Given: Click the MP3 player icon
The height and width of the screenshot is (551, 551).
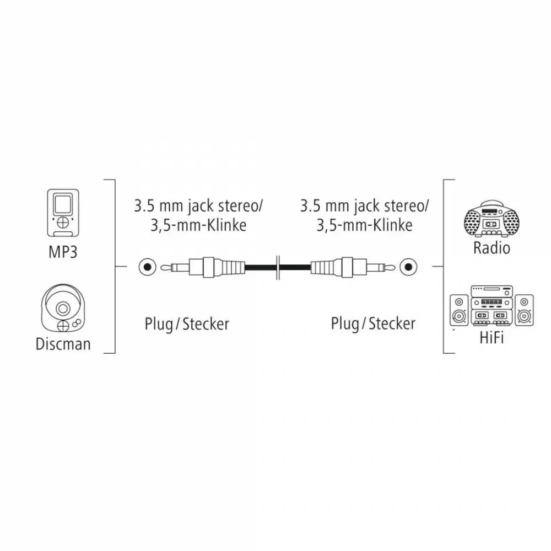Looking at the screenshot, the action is tap(63, 213).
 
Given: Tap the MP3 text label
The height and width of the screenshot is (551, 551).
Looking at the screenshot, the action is tap(63, 252).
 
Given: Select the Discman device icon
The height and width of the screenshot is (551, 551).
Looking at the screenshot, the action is tap(63, 308).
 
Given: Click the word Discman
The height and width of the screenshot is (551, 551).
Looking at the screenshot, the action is tap(63, 344).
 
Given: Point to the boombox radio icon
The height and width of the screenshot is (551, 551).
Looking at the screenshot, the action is tap(491, 218).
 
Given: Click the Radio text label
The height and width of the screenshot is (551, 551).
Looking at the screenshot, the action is tap(491, 248).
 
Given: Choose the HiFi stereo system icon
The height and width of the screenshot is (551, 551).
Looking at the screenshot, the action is tap(491, 305).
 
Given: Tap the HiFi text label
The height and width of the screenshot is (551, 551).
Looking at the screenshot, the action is tap(491, 338).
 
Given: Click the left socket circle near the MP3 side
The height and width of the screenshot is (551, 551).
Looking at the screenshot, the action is tap(147, 267).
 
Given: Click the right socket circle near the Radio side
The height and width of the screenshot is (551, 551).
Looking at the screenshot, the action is tap(408, 267).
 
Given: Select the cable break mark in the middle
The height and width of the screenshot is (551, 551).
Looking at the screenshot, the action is tap(278, 267).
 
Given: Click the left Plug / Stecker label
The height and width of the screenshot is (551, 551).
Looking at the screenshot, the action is tap(187, 324).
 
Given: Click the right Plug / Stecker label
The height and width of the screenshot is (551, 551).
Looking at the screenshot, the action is tap(373, 324).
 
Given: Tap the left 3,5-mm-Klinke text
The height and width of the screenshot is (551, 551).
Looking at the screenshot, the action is tap(198, 225).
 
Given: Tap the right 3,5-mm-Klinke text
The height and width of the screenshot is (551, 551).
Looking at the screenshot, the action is tap(364, 225).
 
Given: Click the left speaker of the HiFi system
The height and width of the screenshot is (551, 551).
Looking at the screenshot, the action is tap(459, 310).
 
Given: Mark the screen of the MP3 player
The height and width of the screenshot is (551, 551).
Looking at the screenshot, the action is tap(63, 204).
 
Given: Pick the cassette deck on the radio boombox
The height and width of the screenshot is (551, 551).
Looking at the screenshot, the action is tap(491, 224).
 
